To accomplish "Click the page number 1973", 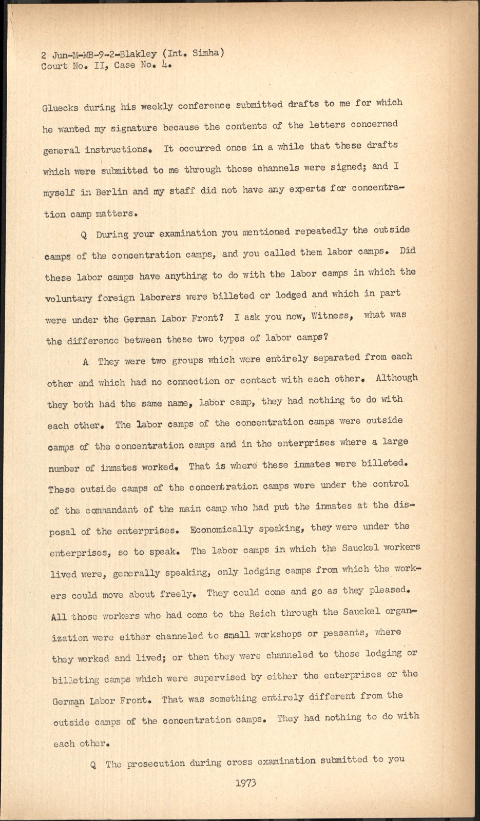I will (x=246, y=783).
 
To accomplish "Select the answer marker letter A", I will (x=85, y=361).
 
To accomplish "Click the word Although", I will (x=396, y=378).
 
